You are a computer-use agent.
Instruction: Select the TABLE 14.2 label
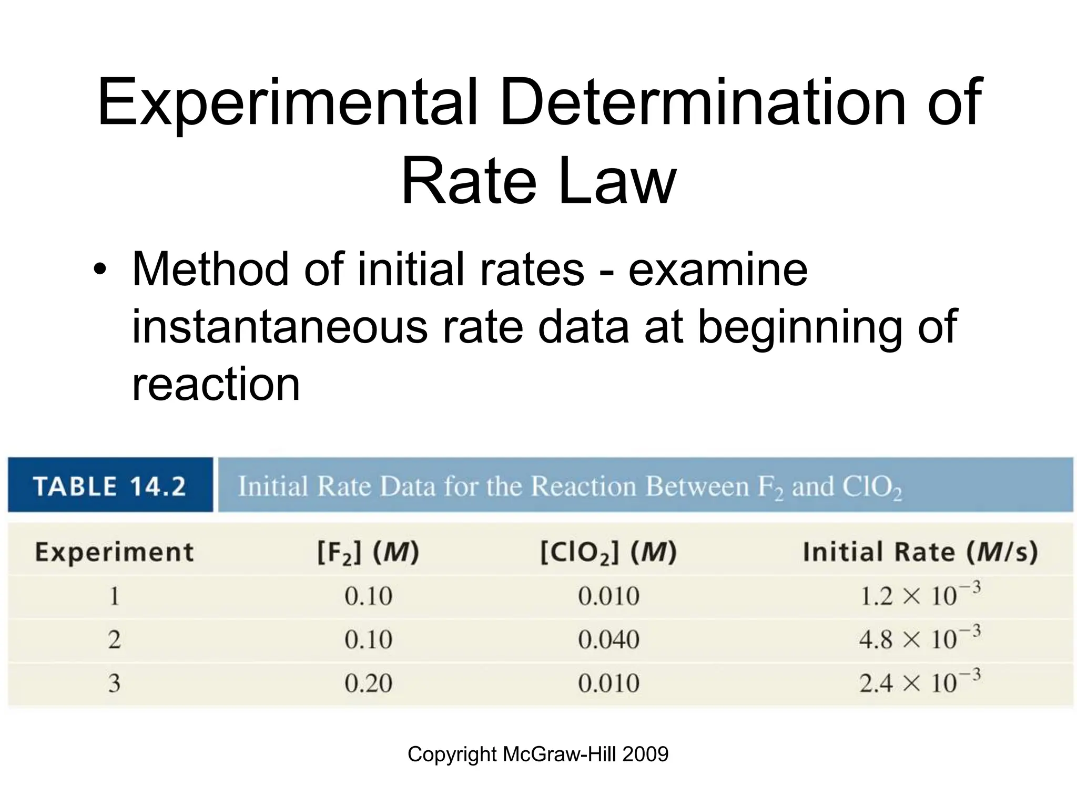pos(110,485)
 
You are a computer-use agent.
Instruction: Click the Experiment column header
pos(114,552)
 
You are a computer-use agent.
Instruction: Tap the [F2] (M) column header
pos(368,552)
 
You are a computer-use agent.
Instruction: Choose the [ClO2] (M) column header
pos(608,552)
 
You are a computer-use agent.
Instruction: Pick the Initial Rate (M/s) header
pos(920,552)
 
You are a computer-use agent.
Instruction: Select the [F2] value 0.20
pos(368,683)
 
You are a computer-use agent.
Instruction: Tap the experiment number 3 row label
pos(114,683)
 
